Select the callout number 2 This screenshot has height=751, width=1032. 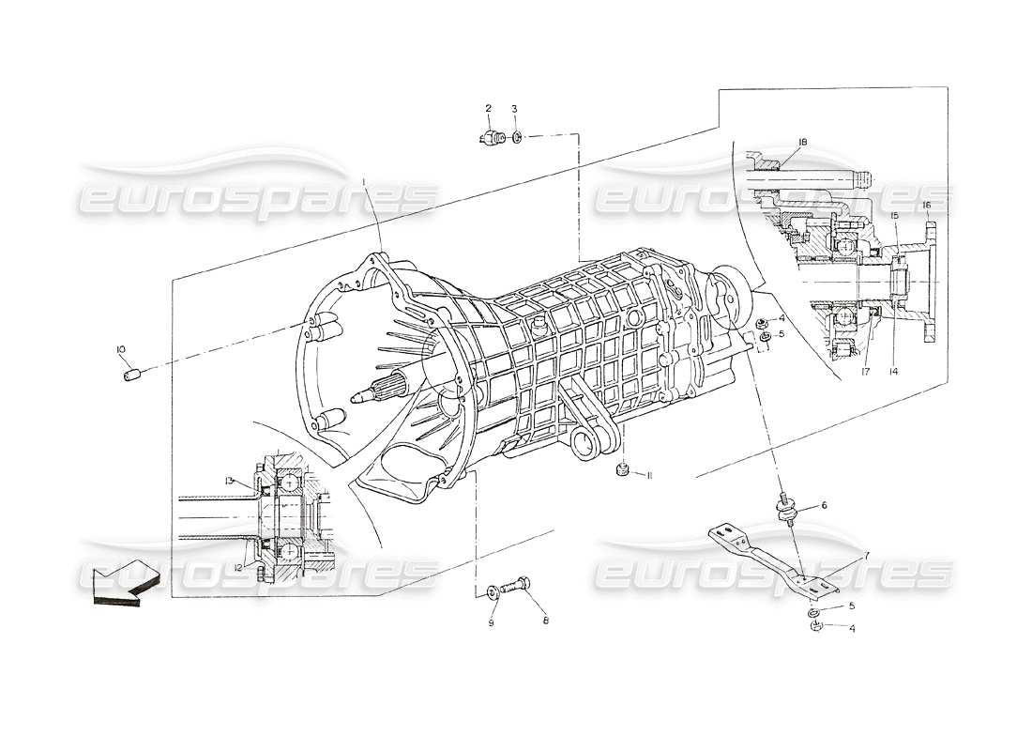tap(488, 108)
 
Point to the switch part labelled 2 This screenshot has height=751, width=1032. tap(490, 139)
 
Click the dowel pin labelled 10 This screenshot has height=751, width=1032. tap(131, 375)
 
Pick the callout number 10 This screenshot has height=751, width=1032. tap(121, 350)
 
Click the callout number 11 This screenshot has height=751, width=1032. tap(649, 476)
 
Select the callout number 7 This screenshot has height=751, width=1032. tap(867, 557)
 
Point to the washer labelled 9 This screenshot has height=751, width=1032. tap(494, 592)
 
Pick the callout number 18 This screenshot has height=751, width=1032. tap(802, 142)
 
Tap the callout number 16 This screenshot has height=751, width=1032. tap(926, 205)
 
